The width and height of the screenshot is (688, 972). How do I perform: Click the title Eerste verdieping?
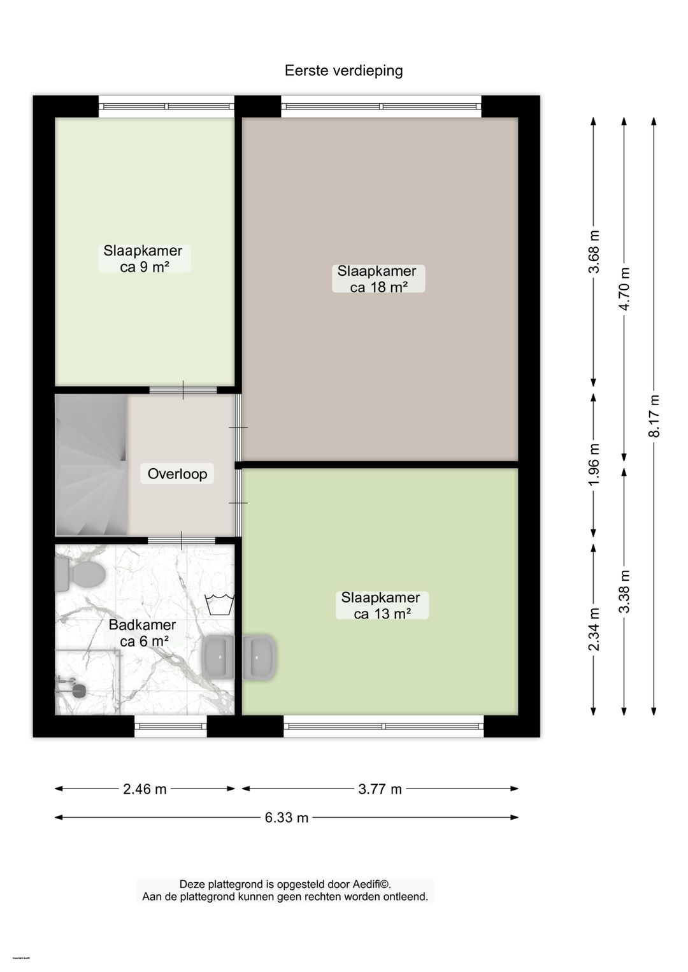(343, 71)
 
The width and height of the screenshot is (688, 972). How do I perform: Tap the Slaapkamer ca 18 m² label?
(378, 279)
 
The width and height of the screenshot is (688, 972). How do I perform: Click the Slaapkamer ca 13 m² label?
(381, 606)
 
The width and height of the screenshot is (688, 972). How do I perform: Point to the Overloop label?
(177, 474)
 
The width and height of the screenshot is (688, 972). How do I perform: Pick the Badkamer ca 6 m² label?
(143, 633)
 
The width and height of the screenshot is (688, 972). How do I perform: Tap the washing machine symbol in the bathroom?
(219, 604)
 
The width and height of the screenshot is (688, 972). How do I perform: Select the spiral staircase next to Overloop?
(91, 466)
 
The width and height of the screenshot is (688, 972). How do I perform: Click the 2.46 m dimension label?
(145, 789)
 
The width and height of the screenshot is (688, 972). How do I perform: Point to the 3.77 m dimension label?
(380, 789)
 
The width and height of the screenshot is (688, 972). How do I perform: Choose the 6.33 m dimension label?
(286, 818)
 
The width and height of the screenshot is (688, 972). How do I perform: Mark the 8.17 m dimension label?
(654, 416)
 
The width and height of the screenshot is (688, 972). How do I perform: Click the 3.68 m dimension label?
(594, 252)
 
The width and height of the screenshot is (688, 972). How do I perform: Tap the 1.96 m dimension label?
(594, 464)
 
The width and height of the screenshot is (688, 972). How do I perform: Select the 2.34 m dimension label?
(594, 629)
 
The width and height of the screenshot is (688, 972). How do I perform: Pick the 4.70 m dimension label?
(624, 289)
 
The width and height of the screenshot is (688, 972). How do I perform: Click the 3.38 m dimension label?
(624, 592)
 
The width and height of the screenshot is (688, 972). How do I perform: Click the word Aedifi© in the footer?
(367, 884)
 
